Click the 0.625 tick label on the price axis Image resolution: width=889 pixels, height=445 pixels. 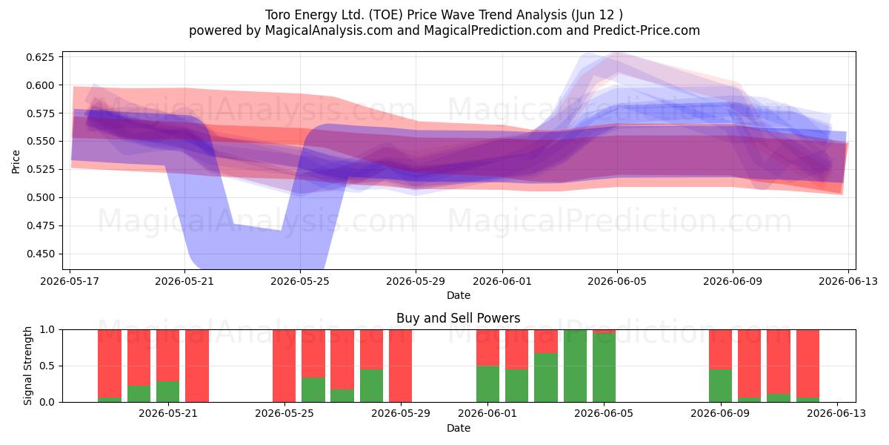(40, 57)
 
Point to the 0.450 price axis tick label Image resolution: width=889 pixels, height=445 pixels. (40, 254)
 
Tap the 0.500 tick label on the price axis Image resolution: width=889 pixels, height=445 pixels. (40, 197)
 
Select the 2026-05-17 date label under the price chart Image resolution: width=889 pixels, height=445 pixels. (70, 281)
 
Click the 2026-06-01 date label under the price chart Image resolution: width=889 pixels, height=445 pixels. (502, 281)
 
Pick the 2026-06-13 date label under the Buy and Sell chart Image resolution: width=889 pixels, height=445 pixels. (836, 413)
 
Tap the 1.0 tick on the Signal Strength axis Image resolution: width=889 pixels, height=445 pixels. (47, 329)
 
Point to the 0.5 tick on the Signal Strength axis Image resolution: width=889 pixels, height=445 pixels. (47, 366)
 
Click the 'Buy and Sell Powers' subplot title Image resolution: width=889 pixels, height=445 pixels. (459, 318)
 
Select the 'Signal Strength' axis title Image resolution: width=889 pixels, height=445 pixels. (27, 366)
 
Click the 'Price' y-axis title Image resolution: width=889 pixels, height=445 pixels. (16, 162)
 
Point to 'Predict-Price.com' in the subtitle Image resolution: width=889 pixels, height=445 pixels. (647, 30)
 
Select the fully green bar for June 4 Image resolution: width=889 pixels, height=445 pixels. (575, 366)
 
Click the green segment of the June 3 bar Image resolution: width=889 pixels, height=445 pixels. (546, 378)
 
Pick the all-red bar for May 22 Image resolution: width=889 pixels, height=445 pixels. (197, 366)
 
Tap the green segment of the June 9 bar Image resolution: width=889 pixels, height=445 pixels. (720, 386)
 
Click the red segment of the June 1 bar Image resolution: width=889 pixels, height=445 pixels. (487, 348)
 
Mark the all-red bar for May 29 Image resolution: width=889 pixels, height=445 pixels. (401, 366)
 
